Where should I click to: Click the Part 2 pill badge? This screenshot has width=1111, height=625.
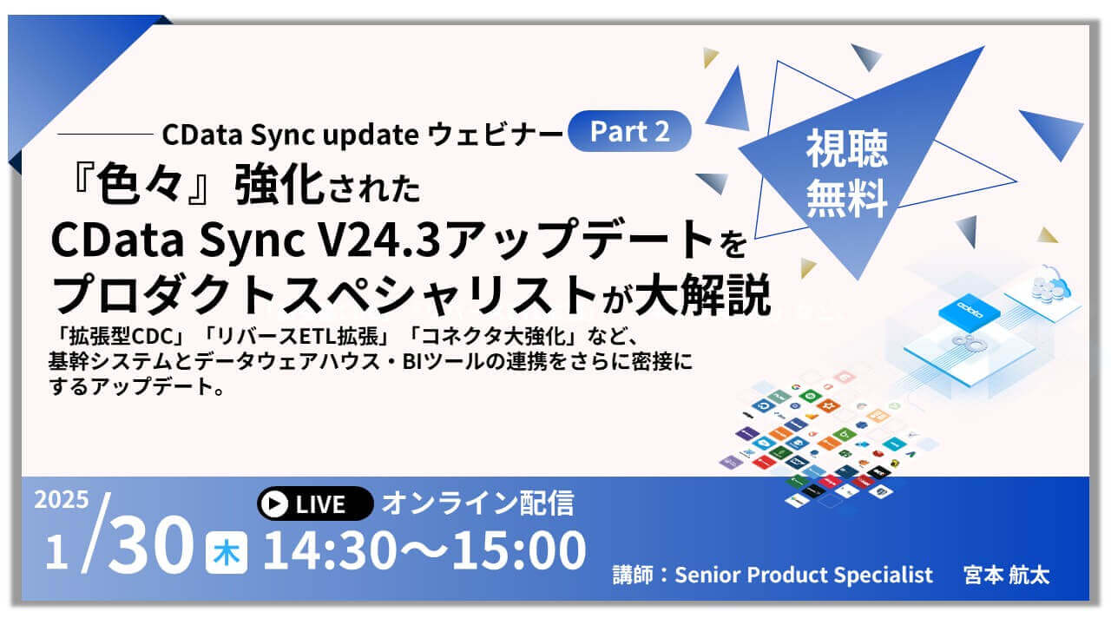coord(629,131)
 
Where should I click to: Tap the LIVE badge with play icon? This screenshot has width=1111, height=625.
coord(315,503)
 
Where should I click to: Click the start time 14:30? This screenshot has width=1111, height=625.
coord(328,550)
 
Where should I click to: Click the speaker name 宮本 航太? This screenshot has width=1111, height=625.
coord(1006,575)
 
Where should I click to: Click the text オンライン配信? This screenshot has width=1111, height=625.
coord(478,503)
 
